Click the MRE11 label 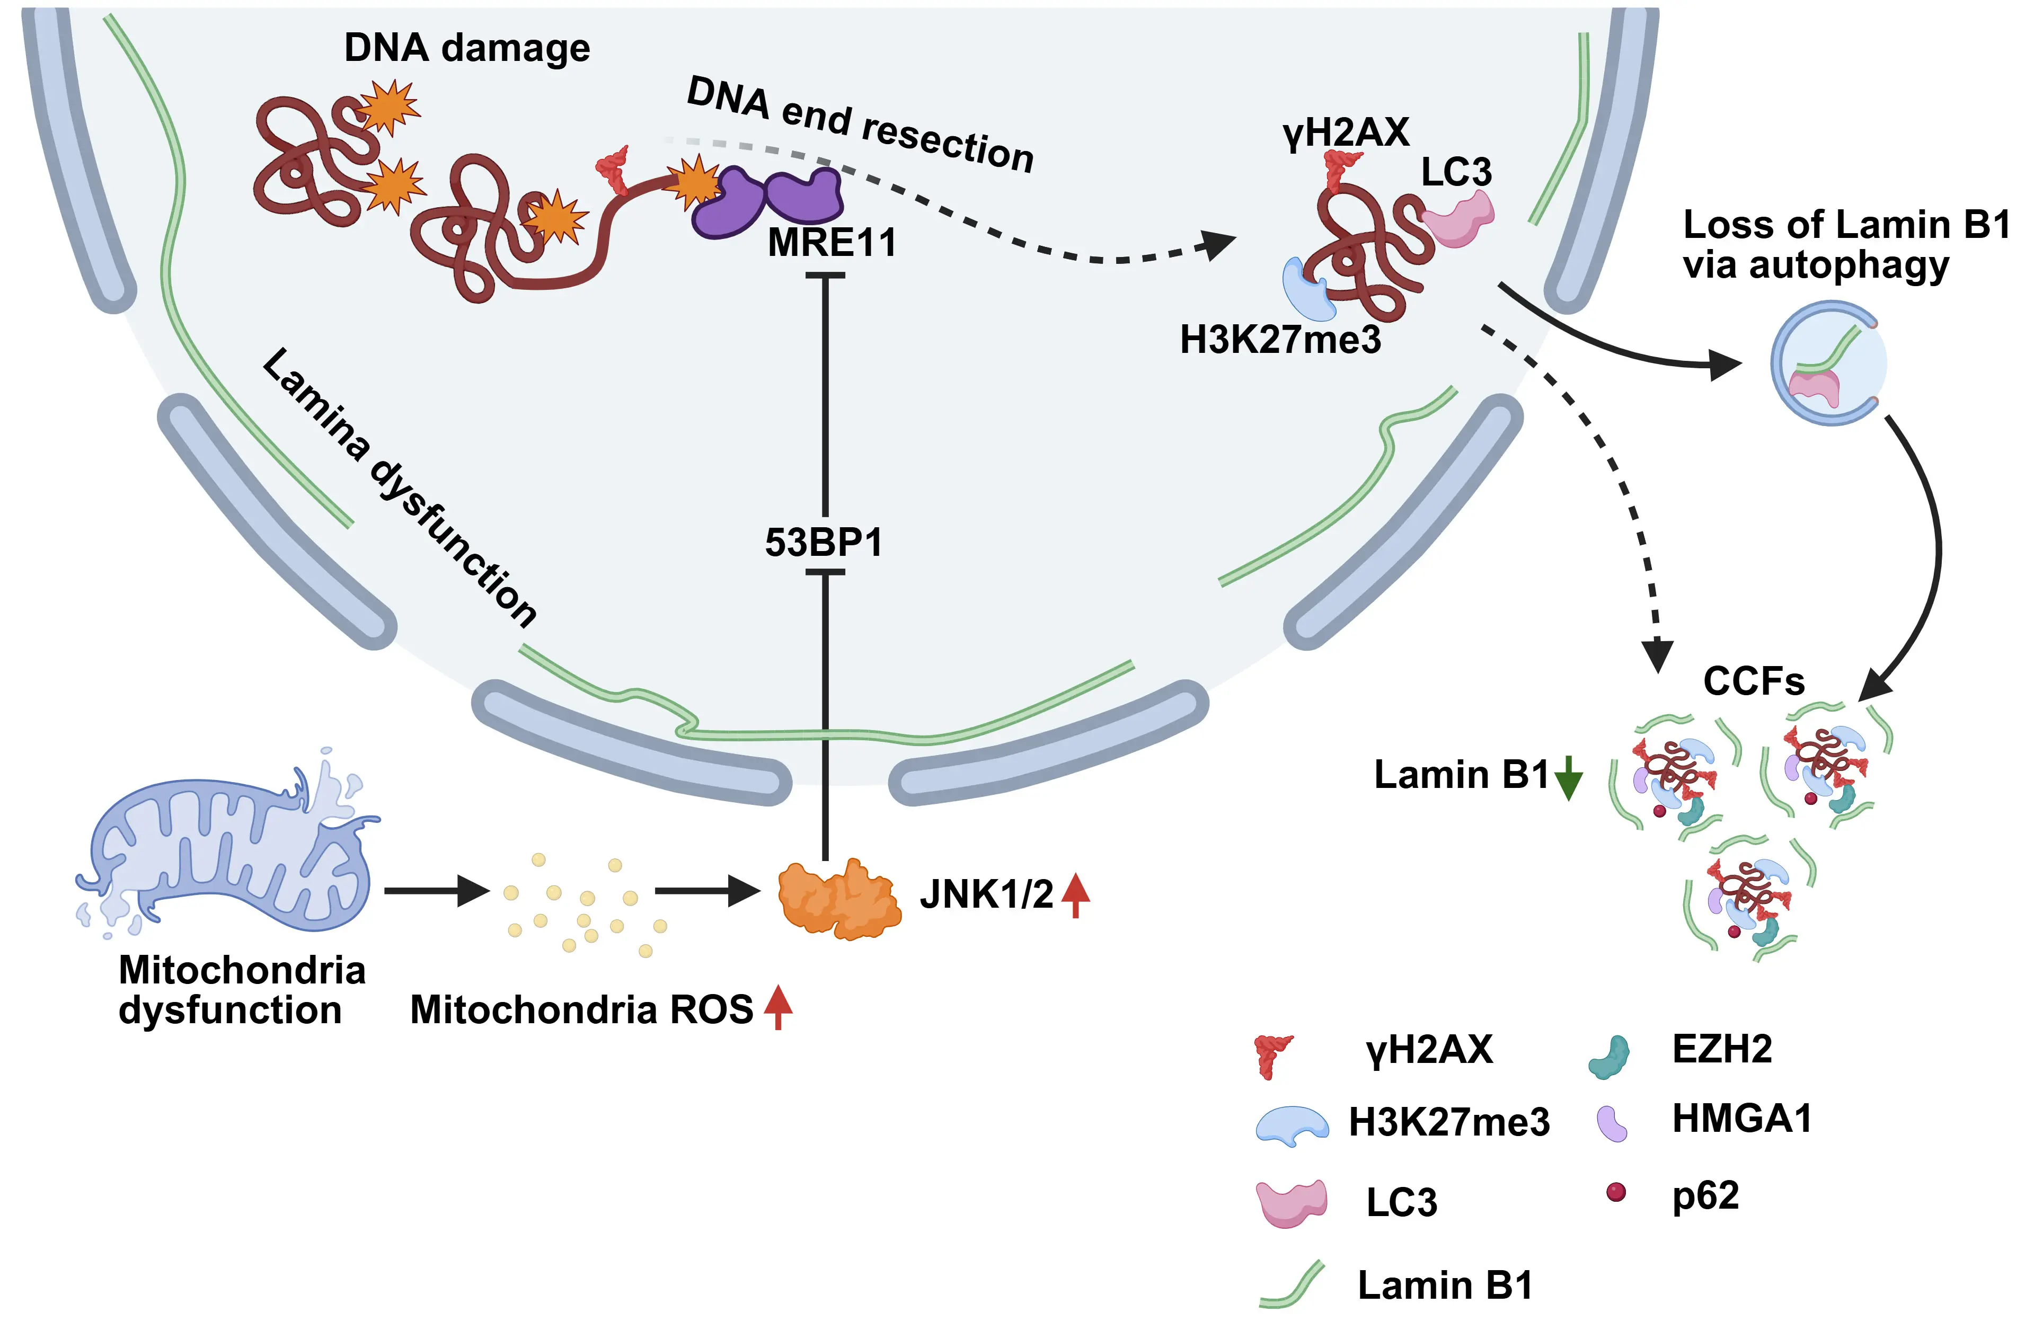point(832,243)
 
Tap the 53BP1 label point(823,543)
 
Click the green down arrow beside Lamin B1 point(1568,777)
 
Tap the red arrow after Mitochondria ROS point(777,1007)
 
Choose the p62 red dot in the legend point(1615,1192)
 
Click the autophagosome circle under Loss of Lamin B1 point(1827,363)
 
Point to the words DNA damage point(466,48)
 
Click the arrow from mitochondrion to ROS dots point(436,891)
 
